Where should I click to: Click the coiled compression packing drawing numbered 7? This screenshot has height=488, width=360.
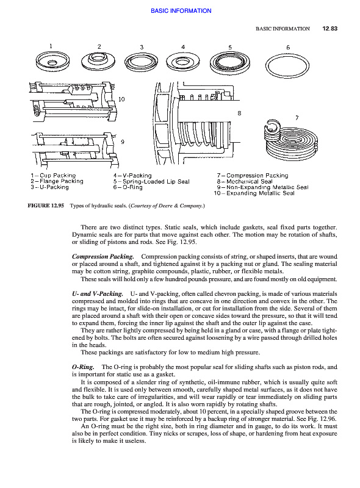(291, 140)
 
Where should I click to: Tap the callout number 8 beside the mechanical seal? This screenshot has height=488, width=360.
(239, 113)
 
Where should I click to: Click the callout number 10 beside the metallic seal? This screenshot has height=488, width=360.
(121, 99)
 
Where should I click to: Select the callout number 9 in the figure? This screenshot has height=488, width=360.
(123, 142)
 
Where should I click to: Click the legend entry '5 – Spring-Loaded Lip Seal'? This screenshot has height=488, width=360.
(151, 181)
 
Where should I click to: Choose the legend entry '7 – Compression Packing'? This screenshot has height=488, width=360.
(253, 176)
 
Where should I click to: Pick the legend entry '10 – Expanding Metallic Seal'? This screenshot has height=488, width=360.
(254, 193)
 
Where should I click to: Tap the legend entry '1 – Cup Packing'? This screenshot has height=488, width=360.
(53, 176)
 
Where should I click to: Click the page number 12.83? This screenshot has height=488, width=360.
(329, 29)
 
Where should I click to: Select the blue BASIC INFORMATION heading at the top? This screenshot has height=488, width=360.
(181, 11)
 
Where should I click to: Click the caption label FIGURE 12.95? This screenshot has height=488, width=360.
(46, 206)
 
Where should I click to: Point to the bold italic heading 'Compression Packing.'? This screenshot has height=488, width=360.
(103, 257)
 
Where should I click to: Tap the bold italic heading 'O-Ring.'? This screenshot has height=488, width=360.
(83, 367)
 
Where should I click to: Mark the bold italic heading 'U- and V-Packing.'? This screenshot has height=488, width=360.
(98, 294)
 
